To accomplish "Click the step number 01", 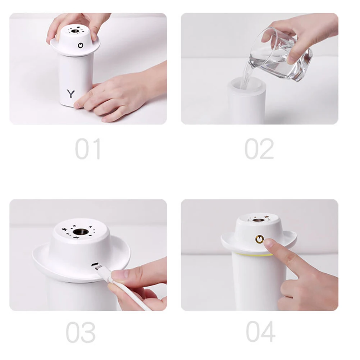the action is tap(88, 149).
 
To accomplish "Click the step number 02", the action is tap(259, 149).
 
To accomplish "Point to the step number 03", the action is tap(81, 332).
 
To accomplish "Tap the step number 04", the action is tap(261, 332).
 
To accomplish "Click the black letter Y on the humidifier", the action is tap(71, 94).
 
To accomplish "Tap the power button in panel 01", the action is tap(81, 45).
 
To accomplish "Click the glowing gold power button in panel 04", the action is tap(259, 239).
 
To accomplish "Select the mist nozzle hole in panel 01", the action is tap(74, 31).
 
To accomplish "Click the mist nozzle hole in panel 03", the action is tap(82, 232).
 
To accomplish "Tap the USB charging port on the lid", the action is tap(95, 264).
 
